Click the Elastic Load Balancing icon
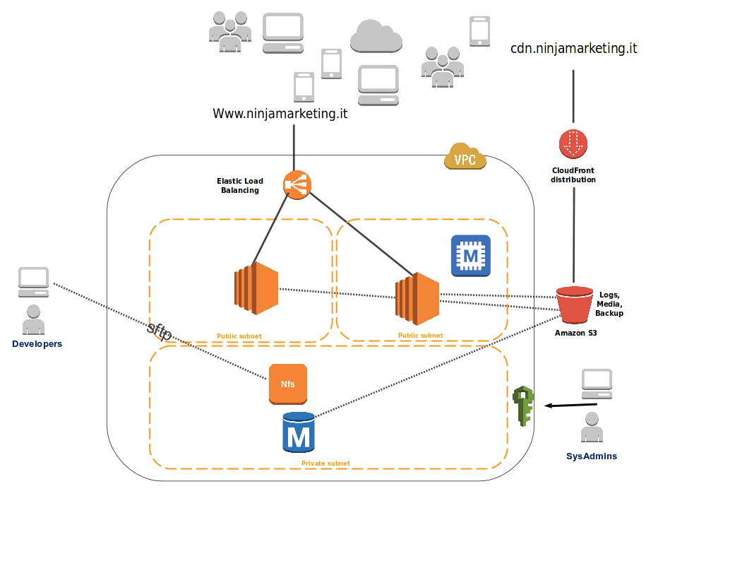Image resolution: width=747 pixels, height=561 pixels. (297, 185)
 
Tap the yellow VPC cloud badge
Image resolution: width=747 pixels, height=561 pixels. (465, 158)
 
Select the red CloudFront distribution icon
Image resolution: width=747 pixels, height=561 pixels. (573, 143)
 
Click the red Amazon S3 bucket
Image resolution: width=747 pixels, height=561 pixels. (574, 304)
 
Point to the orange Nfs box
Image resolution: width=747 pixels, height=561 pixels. (288, 384)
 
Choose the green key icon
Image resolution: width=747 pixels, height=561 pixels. (523, 406)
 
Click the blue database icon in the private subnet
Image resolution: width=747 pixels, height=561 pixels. (298, 432)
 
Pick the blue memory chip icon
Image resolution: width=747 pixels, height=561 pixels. (470, 255)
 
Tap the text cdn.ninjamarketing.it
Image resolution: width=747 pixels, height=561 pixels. (573, 49)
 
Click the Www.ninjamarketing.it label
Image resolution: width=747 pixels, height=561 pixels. (280, 113)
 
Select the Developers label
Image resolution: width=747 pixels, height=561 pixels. (37, 344)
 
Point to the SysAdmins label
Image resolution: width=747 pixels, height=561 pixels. (592, 456)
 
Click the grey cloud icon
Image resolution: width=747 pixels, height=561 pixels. (376, 36)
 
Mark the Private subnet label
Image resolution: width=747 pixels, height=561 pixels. (325, 463)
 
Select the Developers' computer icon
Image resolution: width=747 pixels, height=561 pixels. (33, 282)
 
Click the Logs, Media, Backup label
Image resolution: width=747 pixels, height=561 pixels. (609, 304)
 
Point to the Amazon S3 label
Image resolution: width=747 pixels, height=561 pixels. (575, 332)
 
